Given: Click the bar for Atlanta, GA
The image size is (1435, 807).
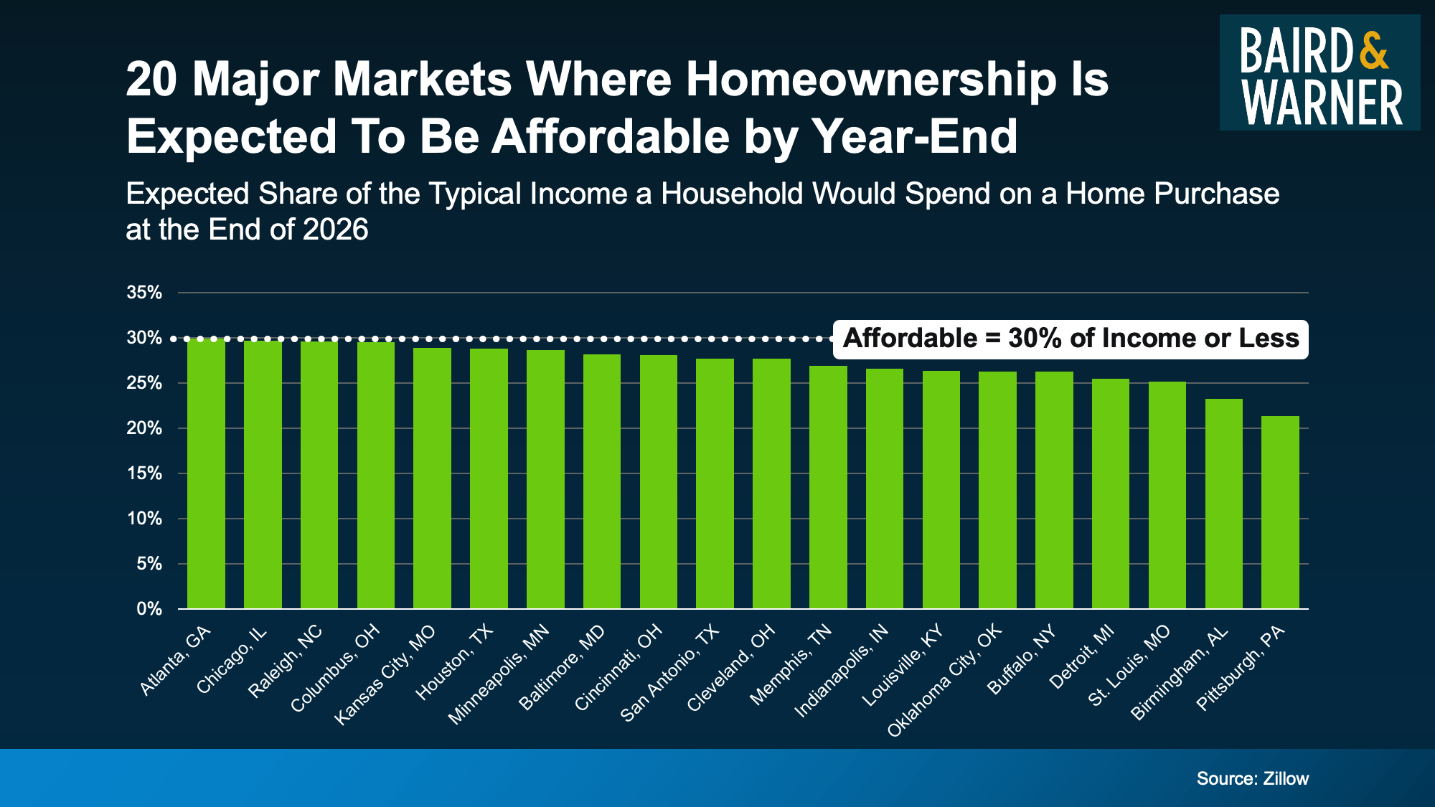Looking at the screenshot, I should (x=206, y=473).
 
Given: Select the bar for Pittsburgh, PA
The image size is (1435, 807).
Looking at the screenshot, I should (x=1280, y=512).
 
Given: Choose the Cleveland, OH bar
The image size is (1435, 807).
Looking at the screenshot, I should (x=771, y=483).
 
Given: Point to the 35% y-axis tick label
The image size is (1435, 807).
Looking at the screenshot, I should (x=144, y=293).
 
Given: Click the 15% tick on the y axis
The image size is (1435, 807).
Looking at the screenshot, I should (x=144, y=473).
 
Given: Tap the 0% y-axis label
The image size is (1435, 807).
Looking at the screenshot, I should (x=149, y=609).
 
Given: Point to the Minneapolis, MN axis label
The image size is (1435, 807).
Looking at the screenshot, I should (x=499, y=674).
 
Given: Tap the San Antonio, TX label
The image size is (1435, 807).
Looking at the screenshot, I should (x=669, y=672).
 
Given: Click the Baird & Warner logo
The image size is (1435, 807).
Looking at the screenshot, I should (x=1319, y=72).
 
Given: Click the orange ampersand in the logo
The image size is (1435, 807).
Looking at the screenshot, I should (x=1373, y=49).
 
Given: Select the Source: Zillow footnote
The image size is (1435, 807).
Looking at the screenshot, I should (x=1252, y=778).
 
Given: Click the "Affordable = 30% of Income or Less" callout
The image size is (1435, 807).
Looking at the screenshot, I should (x=1071, y=339).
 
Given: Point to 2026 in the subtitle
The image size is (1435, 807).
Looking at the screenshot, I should (x=335, y=230).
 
